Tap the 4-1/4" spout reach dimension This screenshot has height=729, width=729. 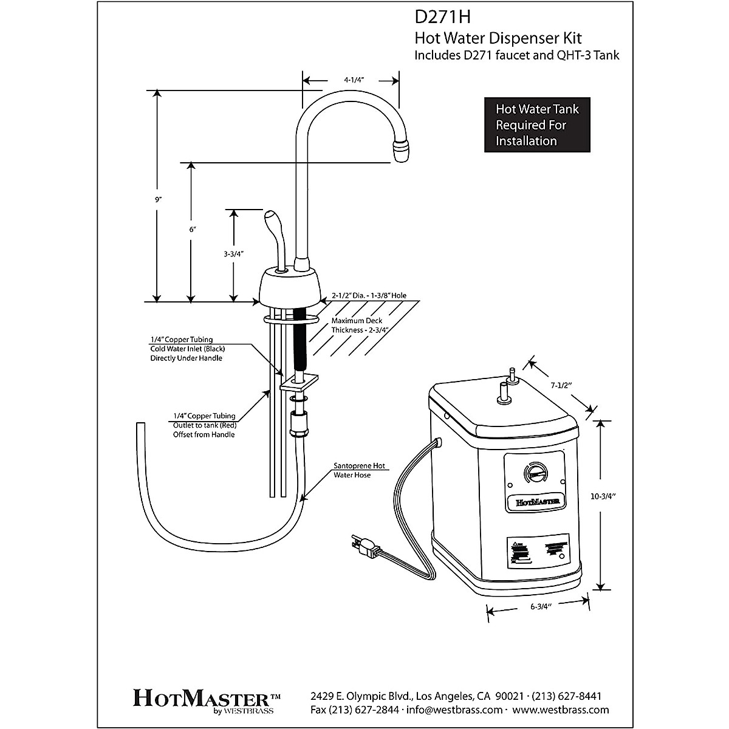point(358,79)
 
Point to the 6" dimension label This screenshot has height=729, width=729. point(193,229)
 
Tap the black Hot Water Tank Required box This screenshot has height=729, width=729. point(537,125)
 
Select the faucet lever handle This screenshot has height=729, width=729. point(274,231)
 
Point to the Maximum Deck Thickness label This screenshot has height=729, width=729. point(360,326)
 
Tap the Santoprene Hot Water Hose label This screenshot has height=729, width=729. point(359,470)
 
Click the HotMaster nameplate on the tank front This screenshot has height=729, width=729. point(533,502)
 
